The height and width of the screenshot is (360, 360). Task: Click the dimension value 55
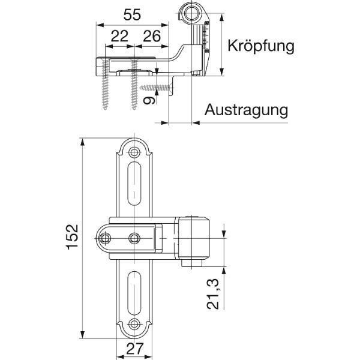click(x=132, y=15)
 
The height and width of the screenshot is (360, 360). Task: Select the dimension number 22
click(x=119, y=36)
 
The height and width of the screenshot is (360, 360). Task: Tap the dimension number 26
click(x=152, y=36)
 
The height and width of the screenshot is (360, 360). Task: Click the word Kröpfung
click(x=261, y=46)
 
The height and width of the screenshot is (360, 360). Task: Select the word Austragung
click(x=246, y=110)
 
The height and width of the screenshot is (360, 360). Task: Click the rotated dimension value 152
click(x=72, y=237)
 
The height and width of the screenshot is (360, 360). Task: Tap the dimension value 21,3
click(x=213, y=294)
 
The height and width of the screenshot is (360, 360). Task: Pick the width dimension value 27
click(x=135, y=349)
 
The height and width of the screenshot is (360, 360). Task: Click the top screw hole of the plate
click(x=134, y=152)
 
